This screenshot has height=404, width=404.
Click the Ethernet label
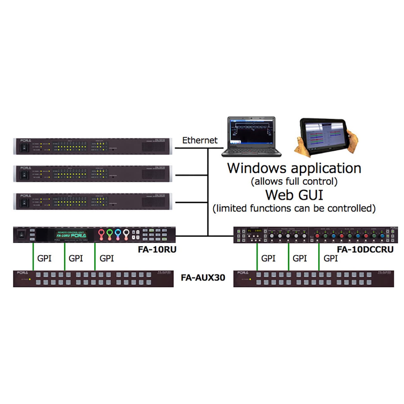pyautogui.click(x=200, y=140)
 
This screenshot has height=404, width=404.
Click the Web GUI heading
pyautogui.click(x=294, y=195)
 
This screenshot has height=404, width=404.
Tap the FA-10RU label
pyautogui.click(x=157, y=249)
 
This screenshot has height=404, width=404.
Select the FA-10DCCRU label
pyautogui.click(x=365, y=249)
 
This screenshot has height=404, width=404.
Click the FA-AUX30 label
pyautogui.click(x=203, y=278)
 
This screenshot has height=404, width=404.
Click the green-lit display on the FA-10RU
pyautogui.click(x=71, y=235)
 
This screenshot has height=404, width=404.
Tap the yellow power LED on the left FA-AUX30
pyautogui.click(x=30, y=279)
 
